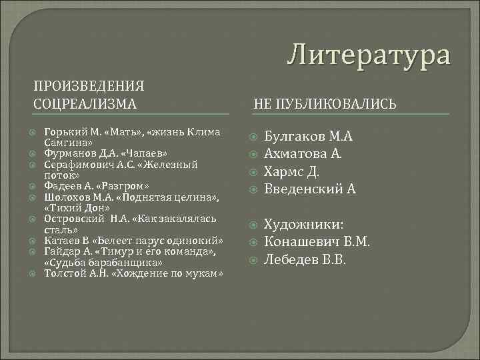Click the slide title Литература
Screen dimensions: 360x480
tap(369, 54)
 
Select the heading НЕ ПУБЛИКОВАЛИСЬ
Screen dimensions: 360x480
tap(325, 104)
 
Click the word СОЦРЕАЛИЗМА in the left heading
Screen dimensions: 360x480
tap(85, 103)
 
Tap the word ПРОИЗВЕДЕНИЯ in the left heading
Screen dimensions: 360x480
tap(89, 86)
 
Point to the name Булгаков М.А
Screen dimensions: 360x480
tap(308, 137)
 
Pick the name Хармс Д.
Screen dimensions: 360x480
tap(292, 171)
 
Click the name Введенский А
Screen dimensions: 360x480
tap(310, 189)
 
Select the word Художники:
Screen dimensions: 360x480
tap(304, 224)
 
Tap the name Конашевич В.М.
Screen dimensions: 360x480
tap(317, 241)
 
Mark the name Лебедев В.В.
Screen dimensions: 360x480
tap(305, 259)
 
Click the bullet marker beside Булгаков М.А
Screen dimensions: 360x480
tap(251, 137)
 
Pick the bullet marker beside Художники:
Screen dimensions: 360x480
tap(251, 225)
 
